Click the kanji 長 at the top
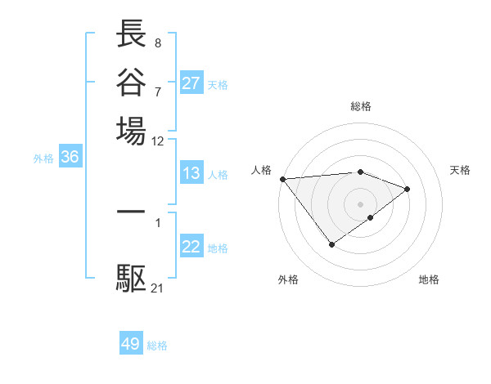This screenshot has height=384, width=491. pyautogui.click(x=131, y=34)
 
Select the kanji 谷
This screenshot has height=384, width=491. pyautogui.click(x=131, y=81)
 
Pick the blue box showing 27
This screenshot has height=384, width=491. pyautogui.click(x=191, y=83)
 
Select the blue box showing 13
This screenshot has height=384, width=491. pyautogui.click(x=191, y=174)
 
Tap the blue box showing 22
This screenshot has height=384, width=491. pyautogui.click(x=191, y=247)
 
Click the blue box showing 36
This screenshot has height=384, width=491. pyautogui.click(x=70, y=158)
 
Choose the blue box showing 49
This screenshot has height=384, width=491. pyautogui.click(x=131, y=344)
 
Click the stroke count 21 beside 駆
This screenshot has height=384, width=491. pyautogui.click(x=158, y=287)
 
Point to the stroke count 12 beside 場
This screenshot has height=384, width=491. pyautogui.click(x=158, y=141)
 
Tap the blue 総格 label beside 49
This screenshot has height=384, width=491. pyautogui.click(x=158, y=346)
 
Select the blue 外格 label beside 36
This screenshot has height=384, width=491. pyautogui.click(x=43, y=159)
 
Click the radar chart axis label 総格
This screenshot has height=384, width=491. pyautogui.click(x=361, y=106)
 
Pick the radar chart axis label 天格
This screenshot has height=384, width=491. pyautogui.click(x=460, y=170)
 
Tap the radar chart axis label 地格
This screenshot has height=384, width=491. pyautogui.click(x=429, y=279)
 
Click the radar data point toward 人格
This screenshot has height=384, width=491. pyautogui.click(x=282, y=179)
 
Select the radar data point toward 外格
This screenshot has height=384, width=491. pyautogui.click(x=331, y=244)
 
